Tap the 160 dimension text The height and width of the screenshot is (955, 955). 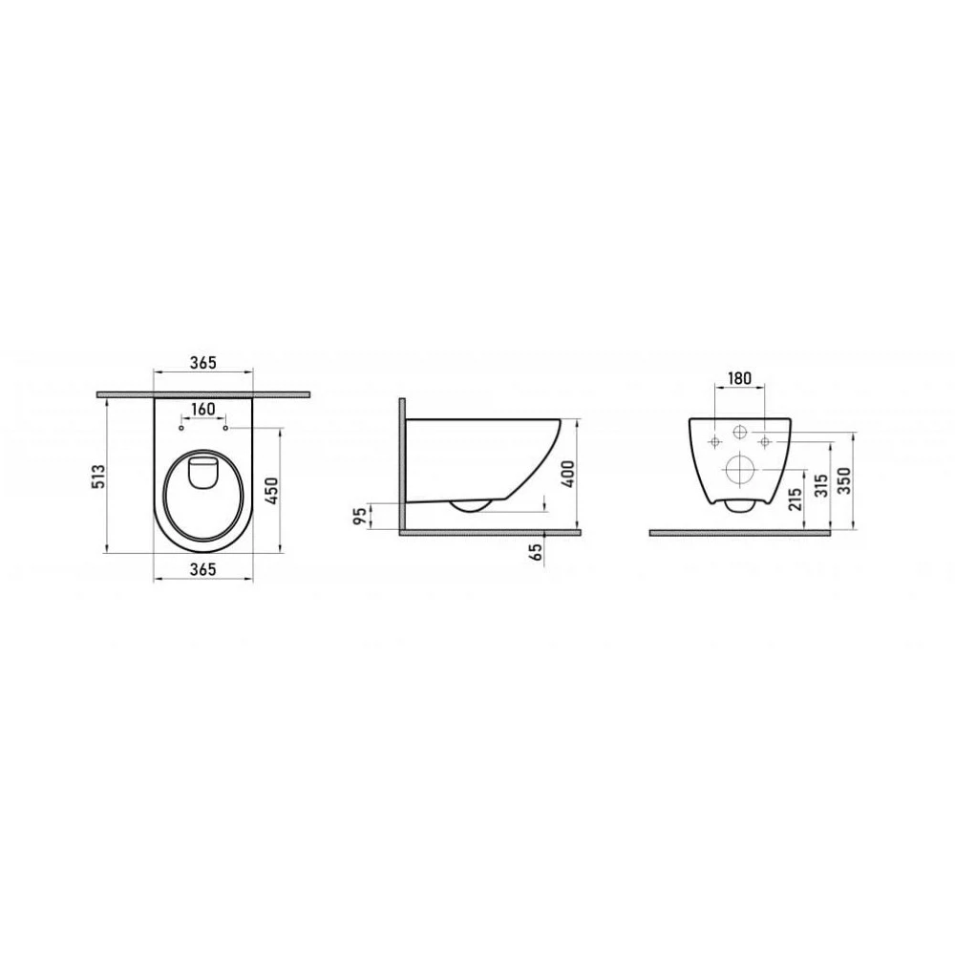pos(203,409)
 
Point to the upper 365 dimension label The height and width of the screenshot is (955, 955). pos(203,362)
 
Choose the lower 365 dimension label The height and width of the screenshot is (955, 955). pos(203,569)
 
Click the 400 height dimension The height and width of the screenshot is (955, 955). pos(567,474)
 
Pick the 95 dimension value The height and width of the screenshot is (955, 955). pos(361,517)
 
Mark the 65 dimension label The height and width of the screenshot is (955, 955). pos(536,552)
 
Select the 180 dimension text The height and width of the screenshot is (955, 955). pos(739,378)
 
